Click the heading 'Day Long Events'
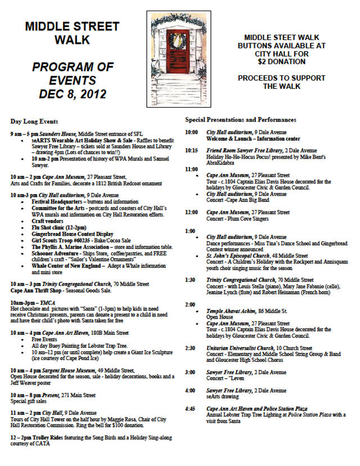(34, 121)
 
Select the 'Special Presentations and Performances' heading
(241, 120)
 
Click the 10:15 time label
(192, 151)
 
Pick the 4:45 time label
(192, 409)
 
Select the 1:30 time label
(192, 280)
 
